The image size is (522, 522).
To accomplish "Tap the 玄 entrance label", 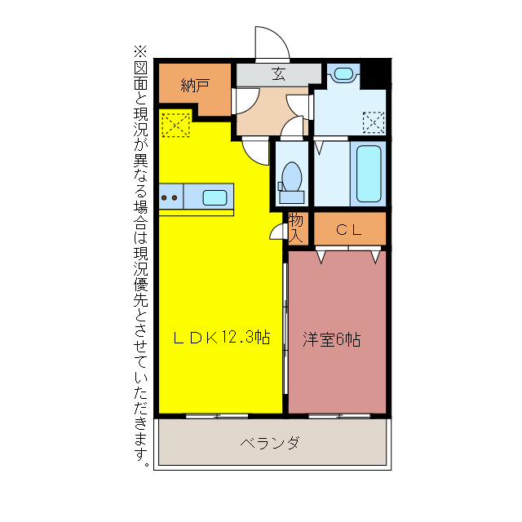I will pyautogui.click(x=277, y=74).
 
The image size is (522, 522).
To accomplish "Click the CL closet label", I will pyautogui.click(x=349, y=229).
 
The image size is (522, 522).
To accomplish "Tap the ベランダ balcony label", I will pyautogui.click(x=270, y=444).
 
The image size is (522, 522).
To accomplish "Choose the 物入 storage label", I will pyautogui.click(x=296, y=228).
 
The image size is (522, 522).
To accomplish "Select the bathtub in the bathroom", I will pyautogui.click(x=369, y=174).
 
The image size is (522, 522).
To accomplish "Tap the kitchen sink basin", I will pyautogui.click(x=215, y=197).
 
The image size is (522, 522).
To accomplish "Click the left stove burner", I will pyautogui.click(x=165, y=197).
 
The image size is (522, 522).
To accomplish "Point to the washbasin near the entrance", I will pyautogui.click(x=343, y=74).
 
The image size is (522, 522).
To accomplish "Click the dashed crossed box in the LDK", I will pyautogui.click(x=175, y=126).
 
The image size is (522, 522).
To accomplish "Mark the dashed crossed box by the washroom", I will pyautogui.click(x=374, y=123).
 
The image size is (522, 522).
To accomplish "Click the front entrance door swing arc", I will pyautogui.click(x=270, y=42).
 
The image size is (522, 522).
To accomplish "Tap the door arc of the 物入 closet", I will pyautogui.click(x=276, y=231).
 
